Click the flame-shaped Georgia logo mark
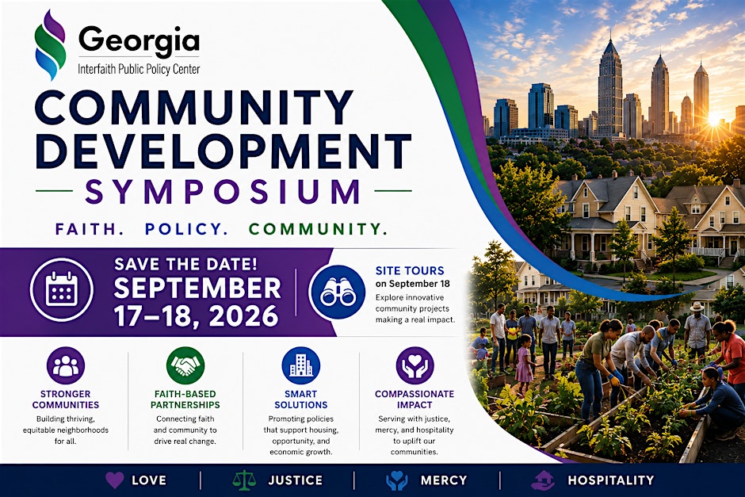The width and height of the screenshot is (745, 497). pyautogui.click(x=50, y=44)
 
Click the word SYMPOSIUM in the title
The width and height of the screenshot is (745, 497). pyautogui.click(x=223, y=191)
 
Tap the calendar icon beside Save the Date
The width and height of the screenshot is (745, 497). pyautogui.click(x=62, y=290)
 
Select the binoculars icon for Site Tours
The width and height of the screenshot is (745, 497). pyautogui.click(x=338, y=292)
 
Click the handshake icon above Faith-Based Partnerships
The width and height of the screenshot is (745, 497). pyautogui.click(x=185, y=365)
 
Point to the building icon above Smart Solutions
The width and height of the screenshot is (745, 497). pyautogui.click(x=300, y=365)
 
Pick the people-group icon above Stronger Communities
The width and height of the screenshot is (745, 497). pyautogui.click(x=66, y=365)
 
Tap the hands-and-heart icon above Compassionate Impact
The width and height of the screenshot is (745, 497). pyautogui.click(x=415, y=365)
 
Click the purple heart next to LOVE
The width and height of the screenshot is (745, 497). pyautogui.click(x=114, y=480)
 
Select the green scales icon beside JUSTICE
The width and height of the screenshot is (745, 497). pyautogui.click(x=244, y=480)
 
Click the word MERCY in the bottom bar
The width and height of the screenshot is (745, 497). pyautogui.click(x=444, y=480)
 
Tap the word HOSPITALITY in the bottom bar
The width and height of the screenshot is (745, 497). pyautogui.click(x=610, y=480)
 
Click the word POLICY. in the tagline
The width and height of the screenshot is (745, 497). pyautogui.click(x=186, y=229)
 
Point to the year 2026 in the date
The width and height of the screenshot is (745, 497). pyautogui.click(x=243, y=316)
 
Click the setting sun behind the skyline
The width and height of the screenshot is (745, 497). pyautogui.click(x=715, y=118)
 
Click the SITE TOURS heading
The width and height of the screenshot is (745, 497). pyautogui.click(x=410, y=271)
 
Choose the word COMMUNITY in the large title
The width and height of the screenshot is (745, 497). pyautogui.click(x=194, y=108)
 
